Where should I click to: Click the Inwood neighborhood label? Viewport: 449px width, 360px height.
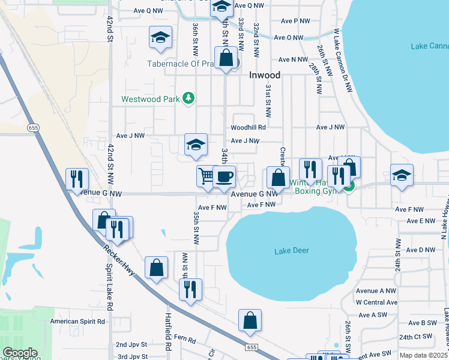(x=265, y=76)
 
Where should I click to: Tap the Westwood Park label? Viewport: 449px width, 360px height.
(x=151, y=99)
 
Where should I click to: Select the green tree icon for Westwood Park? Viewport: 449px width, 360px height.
(x=188, y=98)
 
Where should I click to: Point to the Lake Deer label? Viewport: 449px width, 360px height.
(x=291, y=250)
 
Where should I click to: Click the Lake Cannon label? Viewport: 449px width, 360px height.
(x=430, y=46)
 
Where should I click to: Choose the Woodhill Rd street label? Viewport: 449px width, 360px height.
(x=248, y=127)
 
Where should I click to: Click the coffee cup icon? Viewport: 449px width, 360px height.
(x=224, y=176)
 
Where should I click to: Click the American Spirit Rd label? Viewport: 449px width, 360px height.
(x=77, y=322)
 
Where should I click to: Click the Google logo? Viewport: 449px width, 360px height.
(x=20, y=353)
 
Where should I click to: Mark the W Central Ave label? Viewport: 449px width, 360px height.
(x=376, y=302)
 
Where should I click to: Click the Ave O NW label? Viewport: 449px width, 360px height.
(x=289, y=37)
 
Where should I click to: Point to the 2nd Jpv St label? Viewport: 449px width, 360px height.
(x=131, y=345)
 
